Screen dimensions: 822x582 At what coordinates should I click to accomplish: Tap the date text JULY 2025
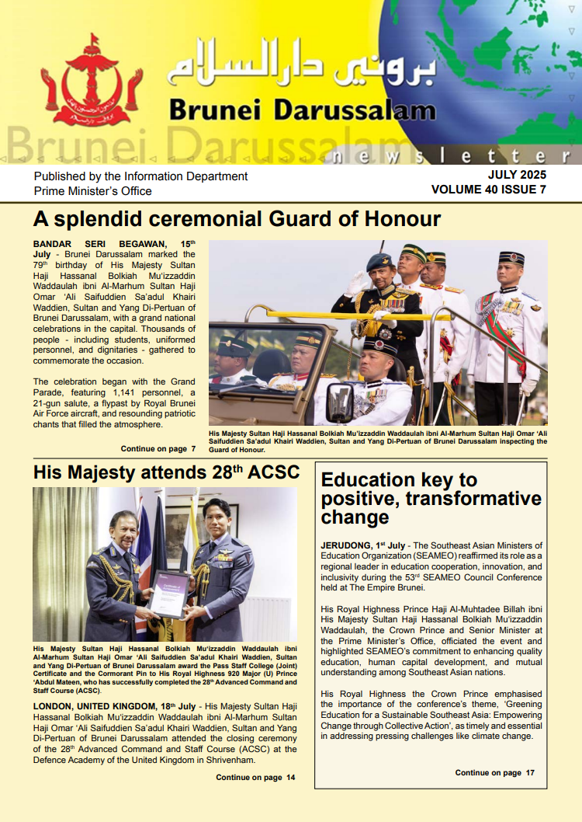(x=517, y=175)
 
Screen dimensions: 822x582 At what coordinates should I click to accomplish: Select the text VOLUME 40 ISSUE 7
(x=488, y=190)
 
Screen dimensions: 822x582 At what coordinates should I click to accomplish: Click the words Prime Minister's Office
(x=92, y=191)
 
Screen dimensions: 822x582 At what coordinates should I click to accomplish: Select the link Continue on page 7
(x=158, y=448)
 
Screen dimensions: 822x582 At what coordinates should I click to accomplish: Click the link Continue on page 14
(x=255, y=777)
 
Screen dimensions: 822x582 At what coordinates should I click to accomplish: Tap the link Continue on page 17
(x=494, y=772)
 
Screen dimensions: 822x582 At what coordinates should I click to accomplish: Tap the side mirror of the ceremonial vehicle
(x=340, y=402)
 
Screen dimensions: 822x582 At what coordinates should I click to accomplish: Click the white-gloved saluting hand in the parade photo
(x=356, y=283)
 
